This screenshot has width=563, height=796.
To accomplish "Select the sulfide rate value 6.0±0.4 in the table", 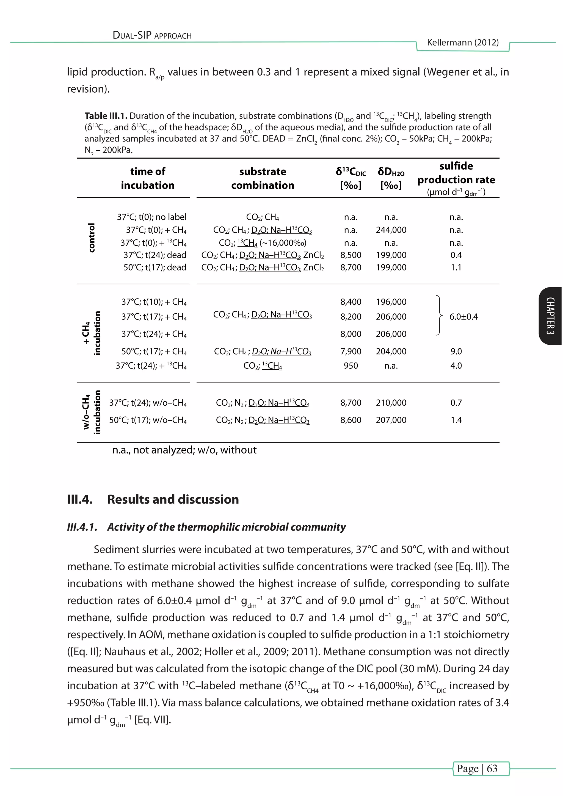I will coord(463,317).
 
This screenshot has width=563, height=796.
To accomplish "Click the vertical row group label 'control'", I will coord(91,238).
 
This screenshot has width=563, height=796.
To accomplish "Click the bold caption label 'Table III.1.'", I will coord(106,116).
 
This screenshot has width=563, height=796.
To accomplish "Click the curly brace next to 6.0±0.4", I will coord(439,316).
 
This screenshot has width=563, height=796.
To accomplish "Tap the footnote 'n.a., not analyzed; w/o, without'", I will coord(184,450).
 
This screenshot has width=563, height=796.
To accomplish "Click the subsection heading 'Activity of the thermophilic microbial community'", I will coord(226,527).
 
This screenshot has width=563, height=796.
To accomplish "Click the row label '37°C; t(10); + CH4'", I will coord(154,302).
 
